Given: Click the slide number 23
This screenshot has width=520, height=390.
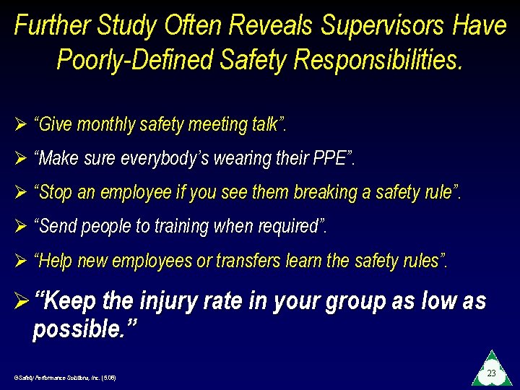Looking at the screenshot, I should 491,373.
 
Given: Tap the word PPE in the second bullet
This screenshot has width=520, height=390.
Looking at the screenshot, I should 331,158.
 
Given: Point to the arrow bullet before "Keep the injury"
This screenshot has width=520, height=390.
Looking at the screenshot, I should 21,302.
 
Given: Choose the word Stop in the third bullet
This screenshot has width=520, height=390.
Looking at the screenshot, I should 55,192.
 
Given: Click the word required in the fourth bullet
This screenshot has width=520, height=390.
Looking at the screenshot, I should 287,226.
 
